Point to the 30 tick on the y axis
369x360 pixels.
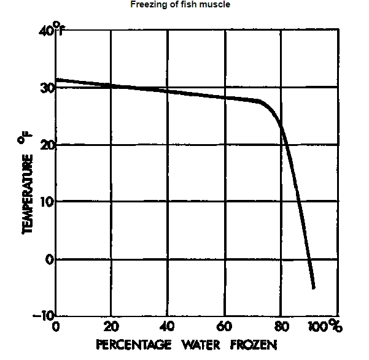point(47,88)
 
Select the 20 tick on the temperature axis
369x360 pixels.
point(47,145)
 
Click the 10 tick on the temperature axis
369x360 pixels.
point(47,202)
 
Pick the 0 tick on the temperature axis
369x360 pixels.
point(50,259)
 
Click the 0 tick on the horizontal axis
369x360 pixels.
point(56,326)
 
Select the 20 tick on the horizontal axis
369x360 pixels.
point(111,326)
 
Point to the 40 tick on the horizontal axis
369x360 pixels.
point(167,326)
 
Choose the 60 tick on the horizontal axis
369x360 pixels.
point(225,326)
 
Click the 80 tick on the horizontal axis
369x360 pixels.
point(281,326)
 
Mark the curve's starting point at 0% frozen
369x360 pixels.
point(56,80)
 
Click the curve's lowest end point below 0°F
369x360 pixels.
point(313,287)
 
